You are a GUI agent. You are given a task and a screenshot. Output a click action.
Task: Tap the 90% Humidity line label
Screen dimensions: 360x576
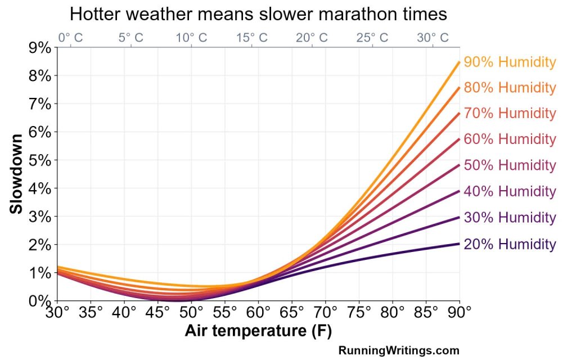[x=510, y=62]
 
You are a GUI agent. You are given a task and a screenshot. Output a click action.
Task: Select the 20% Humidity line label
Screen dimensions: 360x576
[x=510, y=244]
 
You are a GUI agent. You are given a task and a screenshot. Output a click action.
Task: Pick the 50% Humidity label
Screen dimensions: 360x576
[x=510, y=165]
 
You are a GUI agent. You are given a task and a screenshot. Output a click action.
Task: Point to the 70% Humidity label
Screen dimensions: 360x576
[x=510, y=113]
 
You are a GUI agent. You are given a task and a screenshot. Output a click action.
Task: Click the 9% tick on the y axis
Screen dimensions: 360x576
[x=39, y=48]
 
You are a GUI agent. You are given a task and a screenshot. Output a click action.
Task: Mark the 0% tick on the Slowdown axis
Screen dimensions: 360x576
[x=39, y=301]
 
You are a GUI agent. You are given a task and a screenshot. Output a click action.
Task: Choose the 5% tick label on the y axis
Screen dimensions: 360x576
[x=39, y=160]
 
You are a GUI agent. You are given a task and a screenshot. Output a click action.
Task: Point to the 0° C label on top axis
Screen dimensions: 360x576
[x=71, y=38]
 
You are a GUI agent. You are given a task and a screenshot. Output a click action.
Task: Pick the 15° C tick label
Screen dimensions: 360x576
[x=253, y=38]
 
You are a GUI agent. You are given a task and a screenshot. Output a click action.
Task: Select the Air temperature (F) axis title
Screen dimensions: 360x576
[x=258, y=332]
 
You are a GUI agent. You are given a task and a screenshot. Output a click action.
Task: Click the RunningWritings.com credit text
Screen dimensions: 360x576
[x=399, y=350]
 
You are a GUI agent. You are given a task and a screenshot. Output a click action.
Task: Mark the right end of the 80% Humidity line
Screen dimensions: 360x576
[x=460, y=88]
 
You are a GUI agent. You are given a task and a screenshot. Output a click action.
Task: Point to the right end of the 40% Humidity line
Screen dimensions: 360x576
[x=460, y=191]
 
